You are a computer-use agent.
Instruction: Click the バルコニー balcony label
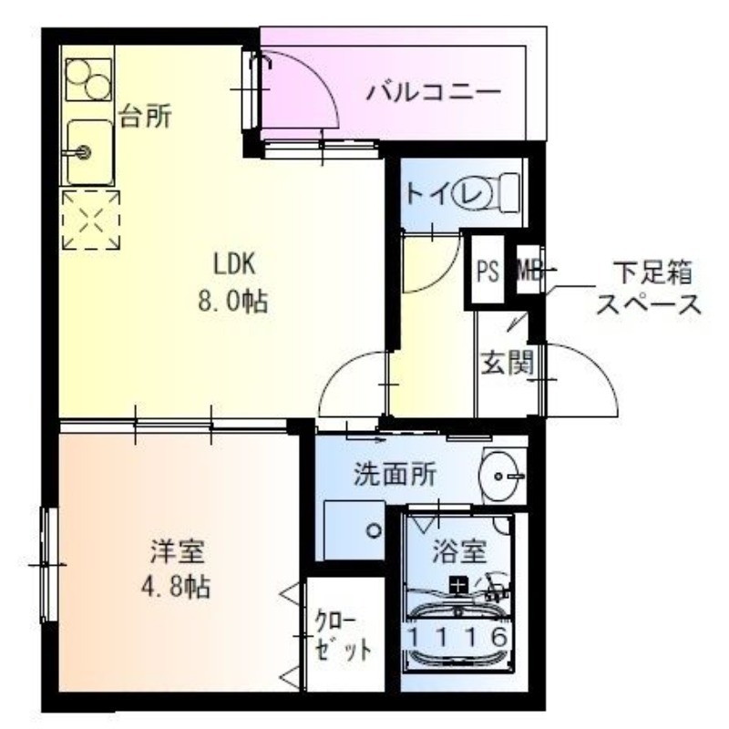pos(434,92)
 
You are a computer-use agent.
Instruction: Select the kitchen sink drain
pos(83,152)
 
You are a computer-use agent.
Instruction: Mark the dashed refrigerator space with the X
pos(90,220)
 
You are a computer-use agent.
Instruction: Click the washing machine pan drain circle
pos(372,529)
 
